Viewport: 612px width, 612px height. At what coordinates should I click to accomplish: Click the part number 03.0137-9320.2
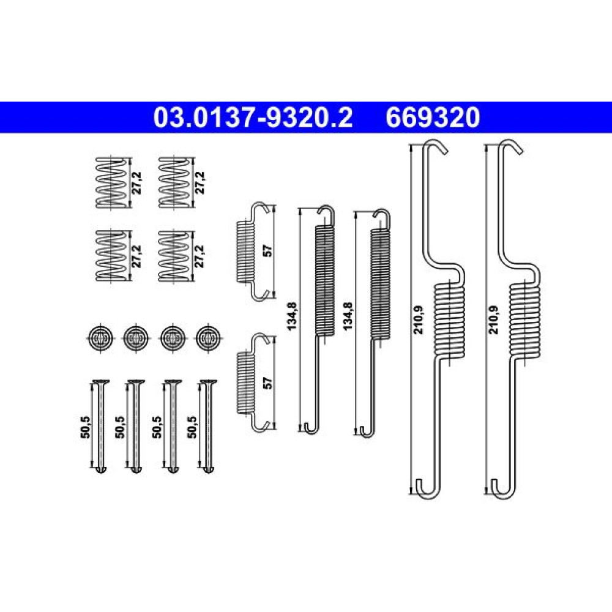(x=253, y=118)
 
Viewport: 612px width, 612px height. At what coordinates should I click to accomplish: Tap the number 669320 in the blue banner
(x=433, y=118)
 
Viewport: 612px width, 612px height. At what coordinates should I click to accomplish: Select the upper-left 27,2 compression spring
(x=112, y=182)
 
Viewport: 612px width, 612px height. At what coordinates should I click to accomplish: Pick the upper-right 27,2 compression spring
(x=174, y=182)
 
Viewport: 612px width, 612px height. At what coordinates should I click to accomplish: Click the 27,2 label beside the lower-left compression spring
(x=136, y=256)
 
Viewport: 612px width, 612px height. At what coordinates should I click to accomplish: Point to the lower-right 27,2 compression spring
(x=174, y=256)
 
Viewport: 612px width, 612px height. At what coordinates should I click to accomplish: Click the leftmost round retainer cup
(x=101, y=338)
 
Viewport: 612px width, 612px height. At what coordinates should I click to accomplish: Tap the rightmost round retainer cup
(x=207, y=338)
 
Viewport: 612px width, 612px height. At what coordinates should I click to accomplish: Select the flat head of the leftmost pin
(x=101, y=382)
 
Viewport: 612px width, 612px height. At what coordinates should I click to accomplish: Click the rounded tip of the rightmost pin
(x=207, y=469)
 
